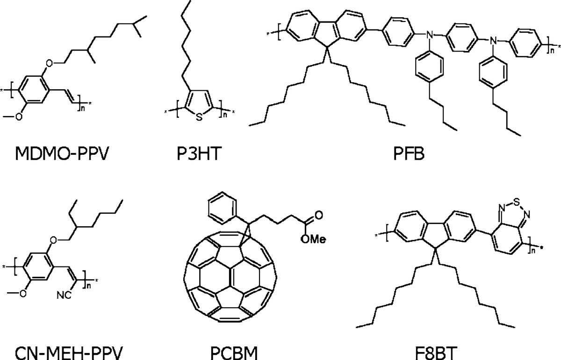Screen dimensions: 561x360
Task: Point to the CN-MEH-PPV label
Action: (69, 353)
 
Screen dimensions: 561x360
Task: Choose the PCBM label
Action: (234, 353)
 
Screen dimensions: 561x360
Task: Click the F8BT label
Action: (436, 353)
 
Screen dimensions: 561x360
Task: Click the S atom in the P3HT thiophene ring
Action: (199, 117)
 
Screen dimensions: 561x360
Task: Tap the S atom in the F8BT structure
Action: (516, 202)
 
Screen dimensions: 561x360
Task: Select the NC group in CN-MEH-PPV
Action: (64, 295)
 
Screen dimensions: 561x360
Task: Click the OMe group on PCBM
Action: (313, 239)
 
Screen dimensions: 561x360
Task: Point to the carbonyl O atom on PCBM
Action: (319, 215)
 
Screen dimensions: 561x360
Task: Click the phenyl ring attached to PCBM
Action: (223, 208)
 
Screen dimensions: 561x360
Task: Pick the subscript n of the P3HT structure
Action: (225, 115)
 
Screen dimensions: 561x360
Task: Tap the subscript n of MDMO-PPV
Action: (83, 108)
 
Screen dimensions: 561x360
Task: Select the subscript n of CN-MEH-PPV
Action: (88, 286)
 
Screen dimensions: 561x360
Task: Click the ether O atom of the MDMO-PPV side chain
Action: (50, 63)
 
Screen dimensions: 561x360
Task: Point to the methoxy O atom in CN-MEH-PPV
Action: (23, 293)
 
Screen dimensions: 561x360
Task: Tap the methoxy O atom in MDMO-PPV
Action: (18, 116)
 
